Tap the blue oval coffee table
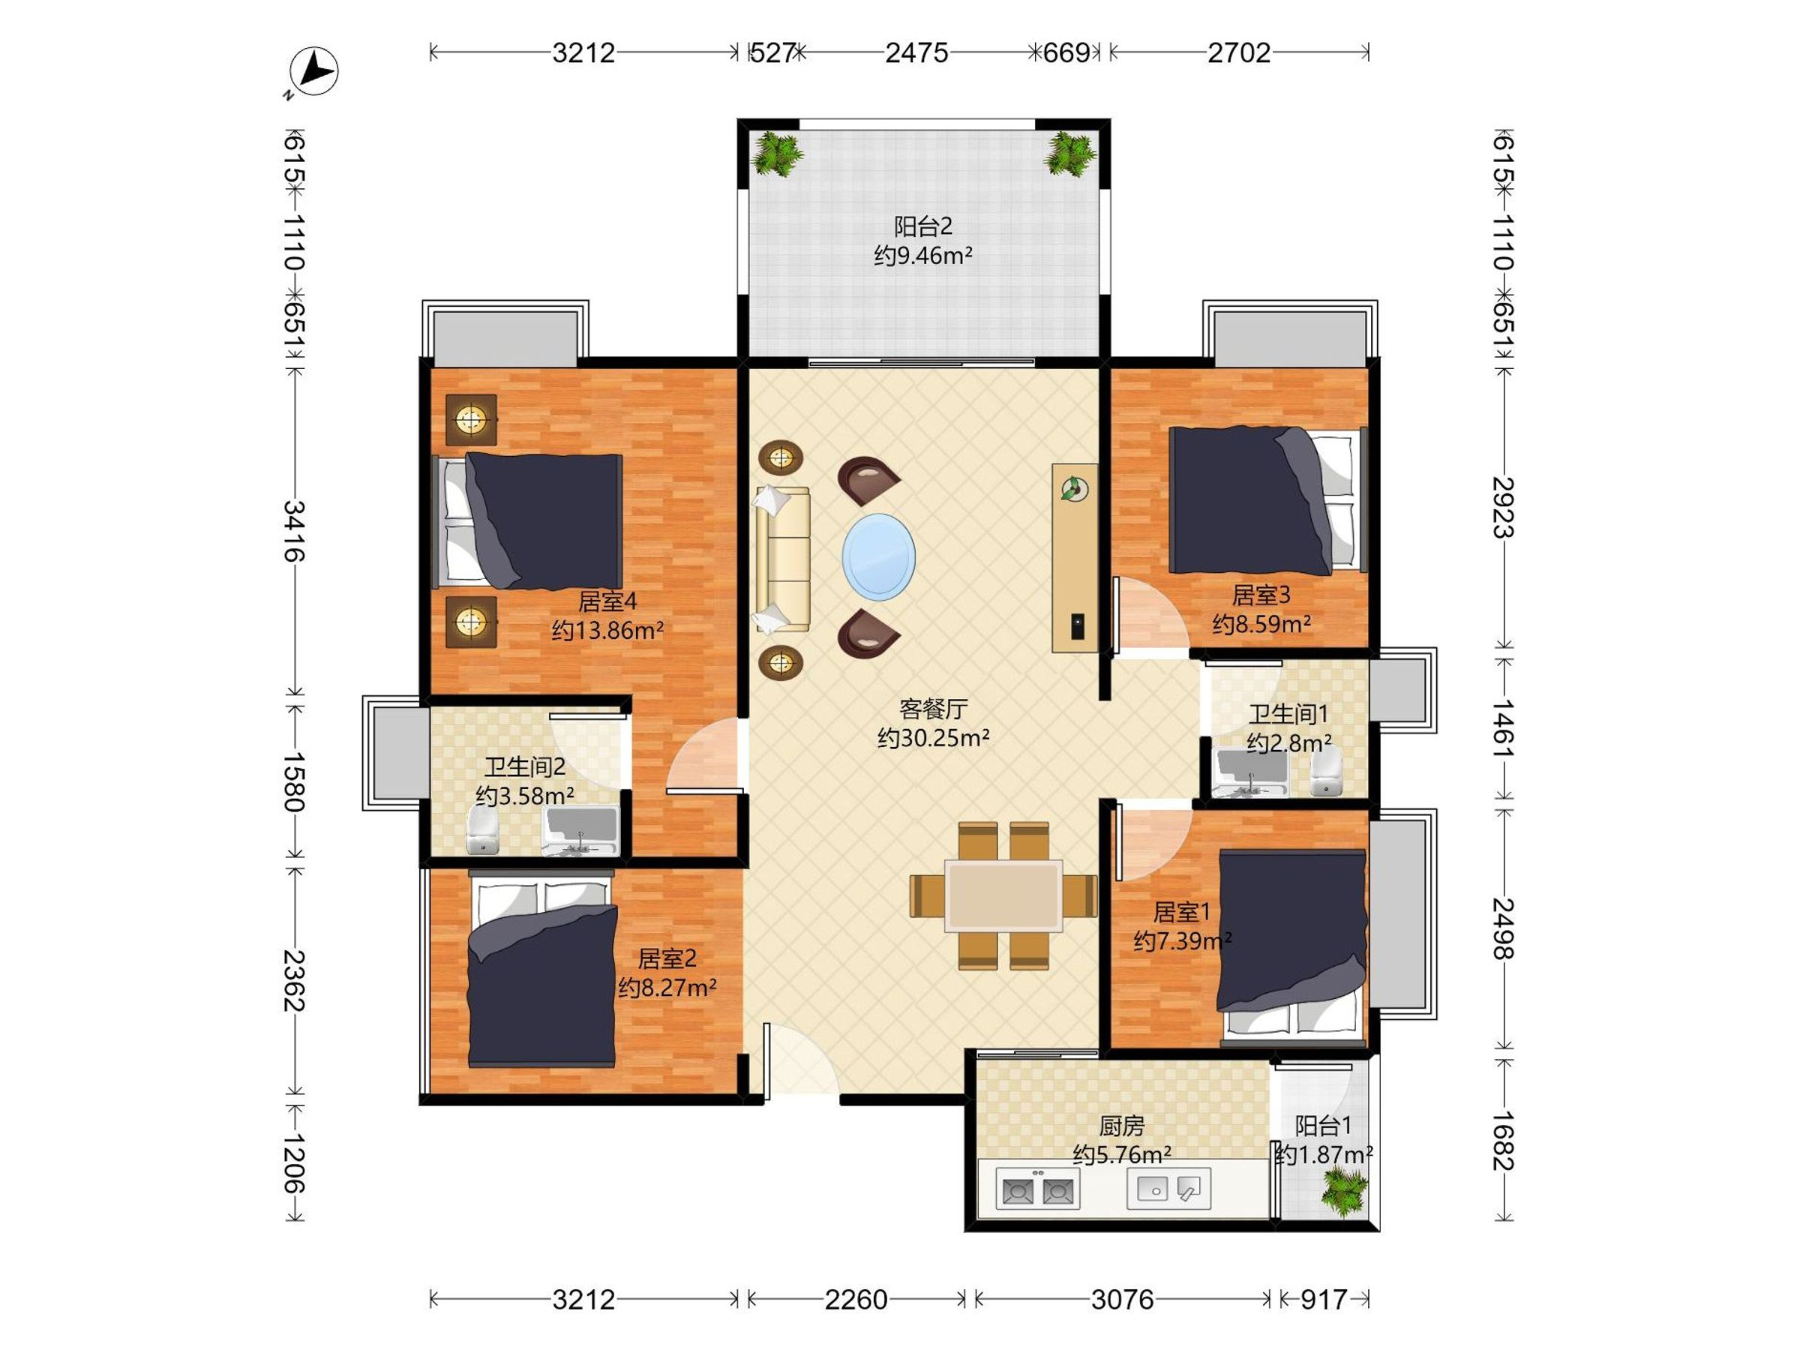tap(878, 556)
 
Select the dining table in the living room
tap(1003, 895)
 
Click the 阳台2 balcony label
tap(922, 226)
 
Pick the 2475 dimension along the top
tap(916, 53)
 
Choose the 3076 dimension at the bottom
tap(1122, 1300)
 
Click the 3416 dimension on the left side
tap(294, 530)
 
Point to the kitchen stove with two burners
tap(1037, 1190)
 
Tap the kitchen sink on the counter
tap(1168, 1189)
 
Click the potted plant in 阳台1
tap(1344, 1192)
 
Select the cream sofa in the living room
tap(782, 558)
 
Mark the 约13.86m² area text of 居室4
tap(607, 630)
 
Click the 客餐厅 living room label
tap(933, 709)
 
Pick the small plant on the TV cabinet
tap(1074, 489)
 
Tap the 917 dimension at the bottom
tap(1323, 1300)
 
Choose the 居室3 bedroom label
tap(1261, 595)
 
